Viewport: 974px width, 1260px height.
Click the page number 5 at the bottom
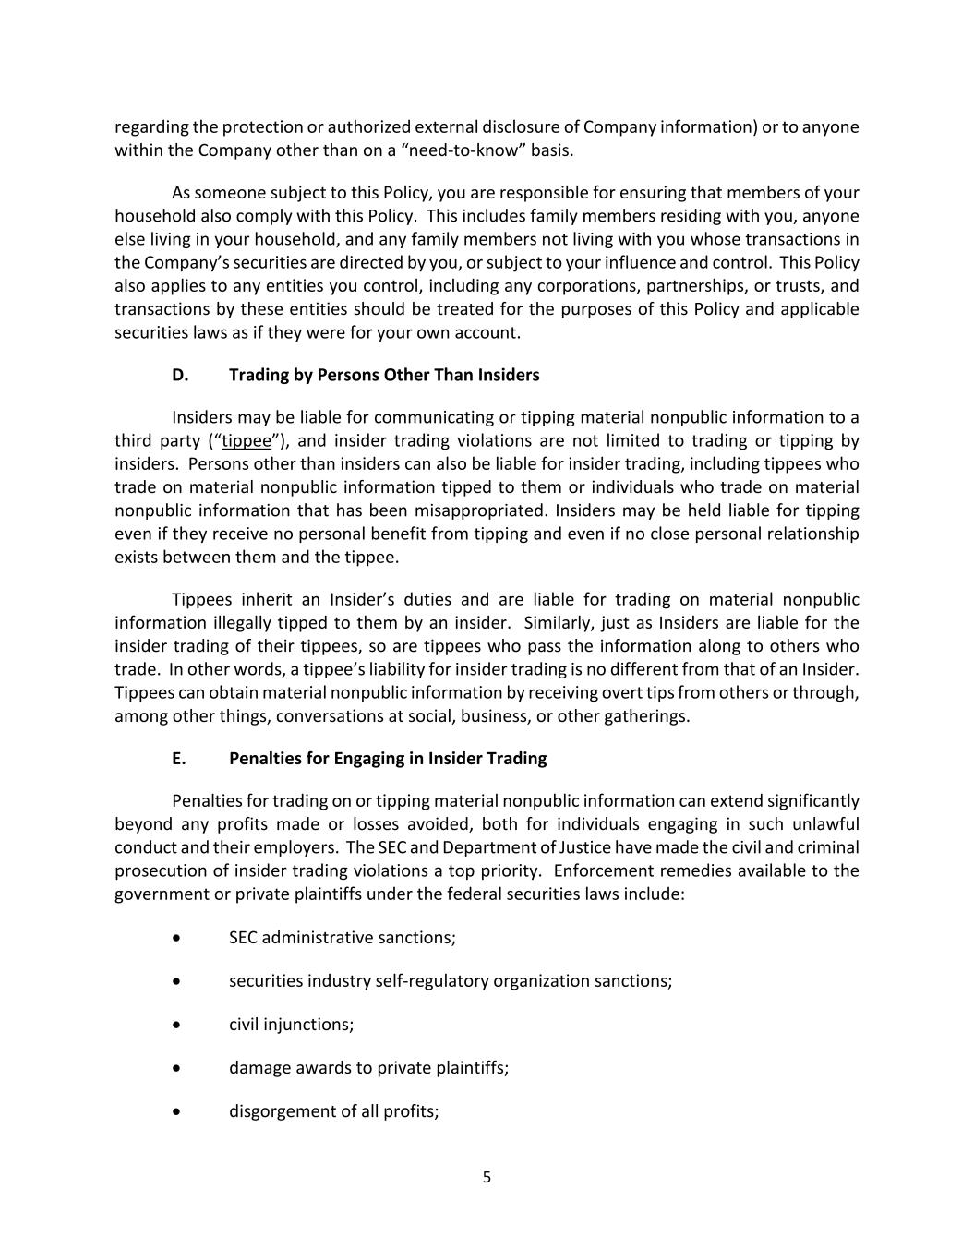[487, 1177]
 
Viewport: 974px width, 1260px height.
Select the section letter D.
[179, 375]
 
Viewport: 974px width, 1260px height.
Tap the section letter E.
[178, 758]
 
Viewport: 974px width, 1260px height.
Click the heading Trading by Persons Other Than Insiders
[384, 375]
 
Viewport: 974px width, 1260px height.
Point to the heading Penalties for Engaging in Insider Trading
[388, 758]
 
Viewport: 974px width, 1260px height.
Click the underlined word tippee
[247, 441]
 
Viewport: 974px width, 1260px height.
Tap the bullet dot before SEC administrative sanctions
[176, 938]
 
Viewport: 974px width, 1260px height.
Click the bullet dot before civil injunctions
[176, 1025]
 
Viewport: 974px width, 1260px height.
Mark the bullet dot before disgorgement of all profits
[176, 1111]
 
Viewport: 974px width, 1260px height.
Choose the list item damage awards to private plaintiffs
[368, 1068]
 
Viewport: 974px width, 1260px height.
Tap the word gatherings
[645, 716]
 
